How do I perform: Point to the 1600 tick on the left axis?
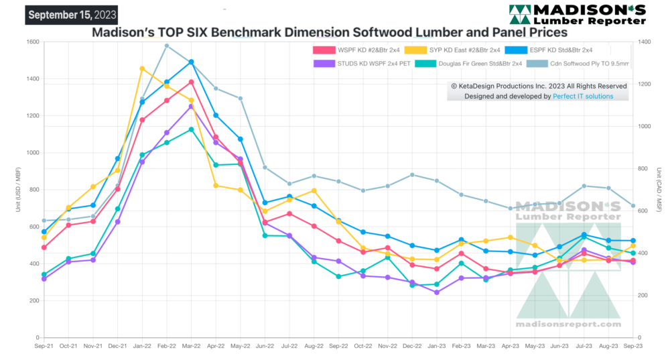pos(31,42)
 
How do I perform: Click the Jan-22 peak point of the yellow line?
pos(142,68)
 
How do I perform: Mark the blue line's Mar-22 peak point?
pos(191,62)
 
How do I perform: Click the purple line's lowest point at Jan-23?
pos(436,292)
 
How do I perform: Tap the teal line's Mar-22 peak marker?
pos(191,129)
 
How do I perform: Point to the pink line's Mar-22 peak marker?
pos(191,82)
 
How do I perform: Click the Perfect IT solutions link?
pos(583,97)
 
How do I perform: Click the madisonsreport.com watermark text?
pos(568,324)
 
